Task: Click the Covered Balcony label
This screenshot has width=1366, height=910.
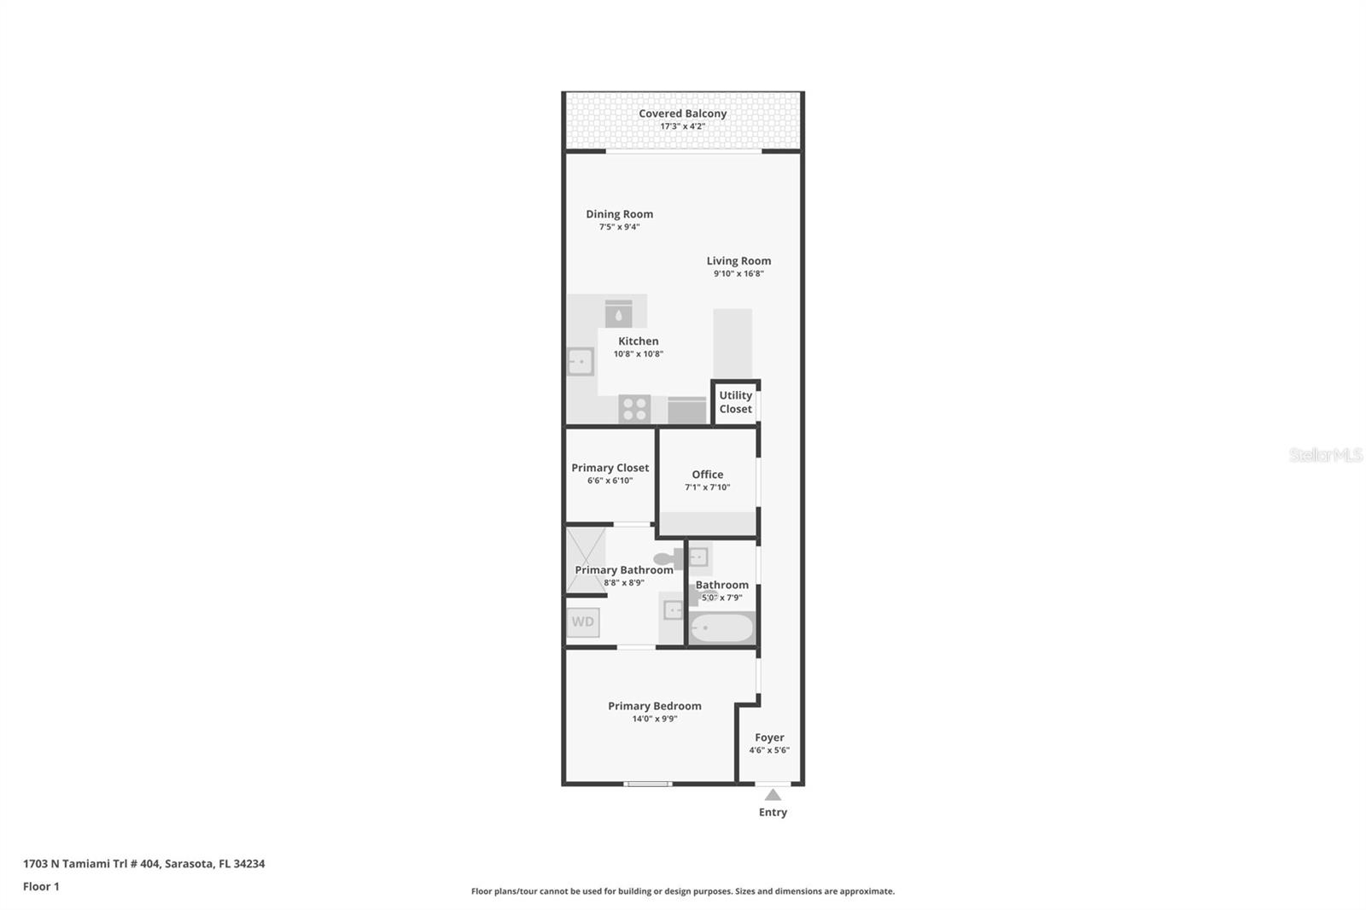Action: coord(682,114)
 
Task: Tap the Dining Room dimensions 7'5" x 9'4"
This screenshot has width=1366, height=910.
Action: coord(619,227)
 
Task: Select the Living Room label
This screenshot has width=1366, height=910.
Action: coord(738,260)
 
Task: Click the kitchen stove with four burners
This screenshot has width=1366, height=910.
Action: coord(634,409)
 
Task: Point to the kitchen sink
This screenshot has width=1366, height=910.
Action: coord(581,362)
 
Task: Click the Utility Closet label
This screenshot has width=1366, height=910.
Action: coord(735,402)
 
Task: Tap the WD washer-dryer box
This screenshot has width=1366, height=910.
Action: coord(583,622)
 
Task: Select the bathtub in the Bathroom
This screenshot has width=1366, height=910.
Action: coord(722,628)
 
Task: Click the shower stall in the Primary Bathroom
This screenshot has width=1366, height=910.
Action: coord(586,561)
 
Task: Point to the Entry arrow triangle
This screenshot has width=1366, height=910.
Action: coord(773,795)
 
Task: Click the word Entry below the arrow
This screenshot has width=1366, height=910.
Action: coord(773,813)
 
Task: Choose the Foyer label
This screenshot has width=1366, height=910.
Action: coord(769,738)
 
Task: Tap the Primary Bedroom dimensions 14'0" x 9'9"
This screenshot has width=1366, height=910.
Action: coord(654,719)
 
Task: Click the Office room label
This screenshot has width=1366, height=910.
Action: coord(708,475)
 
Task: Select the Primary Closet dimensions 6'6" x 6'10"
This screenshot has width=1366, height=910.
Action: coord(610,481)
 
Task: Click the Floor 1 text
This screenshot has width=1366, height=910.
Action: coord(41,886)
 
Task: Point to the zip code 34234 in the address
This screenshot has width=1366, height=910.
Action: coord(248,864)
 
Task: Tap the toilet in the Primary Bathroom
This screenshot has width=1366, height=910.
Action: coord(668,558)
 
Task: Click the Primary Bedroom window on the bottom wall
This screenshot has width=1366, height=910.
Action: coord(648,784)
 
